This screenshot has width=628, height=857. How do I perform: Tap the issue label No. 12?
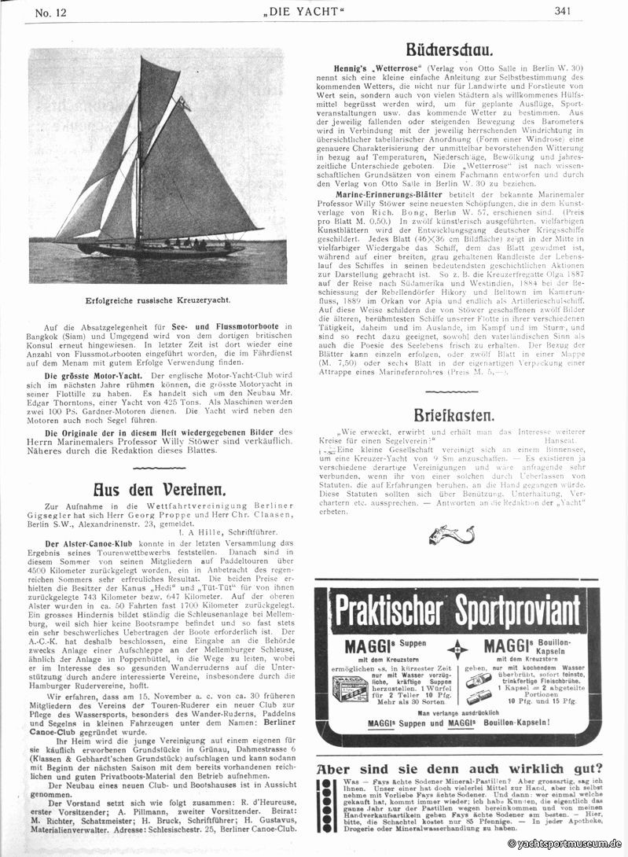38,10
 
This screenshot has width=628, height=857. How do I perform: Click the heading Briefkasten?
455,414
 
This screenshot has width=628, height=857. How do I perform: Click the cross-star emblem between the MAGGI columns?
457,650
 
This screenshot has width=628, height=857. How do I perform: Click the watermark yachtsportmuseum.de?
565,844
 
